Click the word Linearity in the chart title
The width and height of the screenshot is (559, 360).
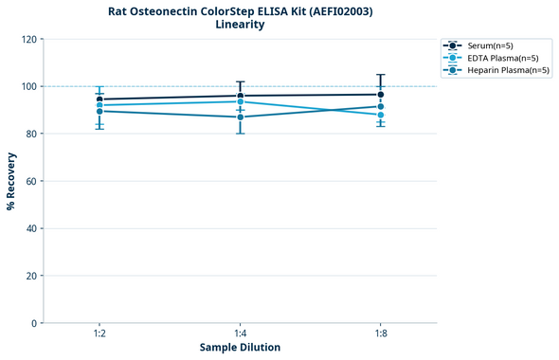click(240, 25)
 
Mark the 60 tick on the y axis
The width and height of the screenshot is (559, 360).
click(31, 181)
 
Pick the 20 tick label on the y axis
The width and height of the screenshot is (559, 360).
click(31, 276)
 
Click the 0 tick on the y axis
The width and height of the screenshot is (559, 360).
click(34, 323)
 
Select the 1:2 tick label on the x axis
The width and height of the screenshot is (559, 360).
click(99, 334)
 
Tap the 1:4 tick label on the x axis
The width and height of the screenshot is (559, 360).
click(240, 334)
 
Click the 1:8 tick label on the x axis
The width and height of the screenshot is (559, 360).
click(380, 334)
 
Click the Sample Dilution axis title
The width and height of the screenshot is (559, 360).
click(240, 348)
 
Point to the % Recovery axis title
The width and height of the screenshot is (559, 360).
click(11, 180)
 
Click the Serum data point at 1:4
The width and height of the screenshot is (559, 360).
click(240, 96)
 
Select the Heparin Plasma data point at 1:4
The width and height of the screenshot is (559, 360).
click(240, 117)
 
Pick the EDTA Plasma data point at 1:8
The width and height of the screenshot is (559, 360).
click(380, 115)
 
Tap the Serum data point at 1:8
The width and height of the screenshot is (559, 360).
click(380, 95)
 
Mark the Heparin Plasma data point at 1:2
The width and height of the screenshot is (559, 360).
click(99, 111)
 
